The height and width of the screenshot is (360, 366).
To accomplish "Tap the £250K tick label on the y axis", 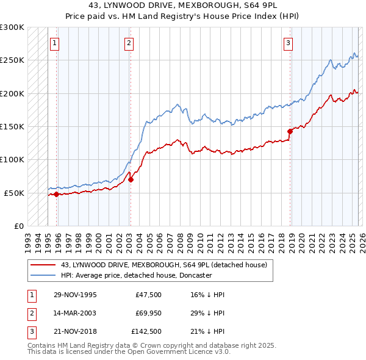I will pyautogui.click(x=12, y=60).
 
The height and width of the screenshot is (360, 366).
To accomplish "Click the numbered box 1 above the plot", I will pyautogui.click(x=56, y=43).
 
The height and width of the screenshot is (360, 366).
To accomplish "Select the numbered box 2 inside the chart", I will pyautogui.click(x=129, y=43).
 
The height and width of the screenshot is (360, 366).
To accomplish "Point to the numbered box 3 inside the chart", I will pyautogui.click(x=288, y=43).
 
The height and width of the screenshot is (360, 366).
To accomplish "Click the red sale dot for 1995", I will pyautogui.click(x=56, y=194).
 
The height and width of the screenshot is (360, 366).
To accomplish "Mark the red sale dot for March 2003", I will pyautogui.click(x=131, y=179).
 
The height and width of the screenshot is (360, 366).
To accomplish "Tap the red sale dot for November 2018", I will pyautogui.click(x=290, y=131).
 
